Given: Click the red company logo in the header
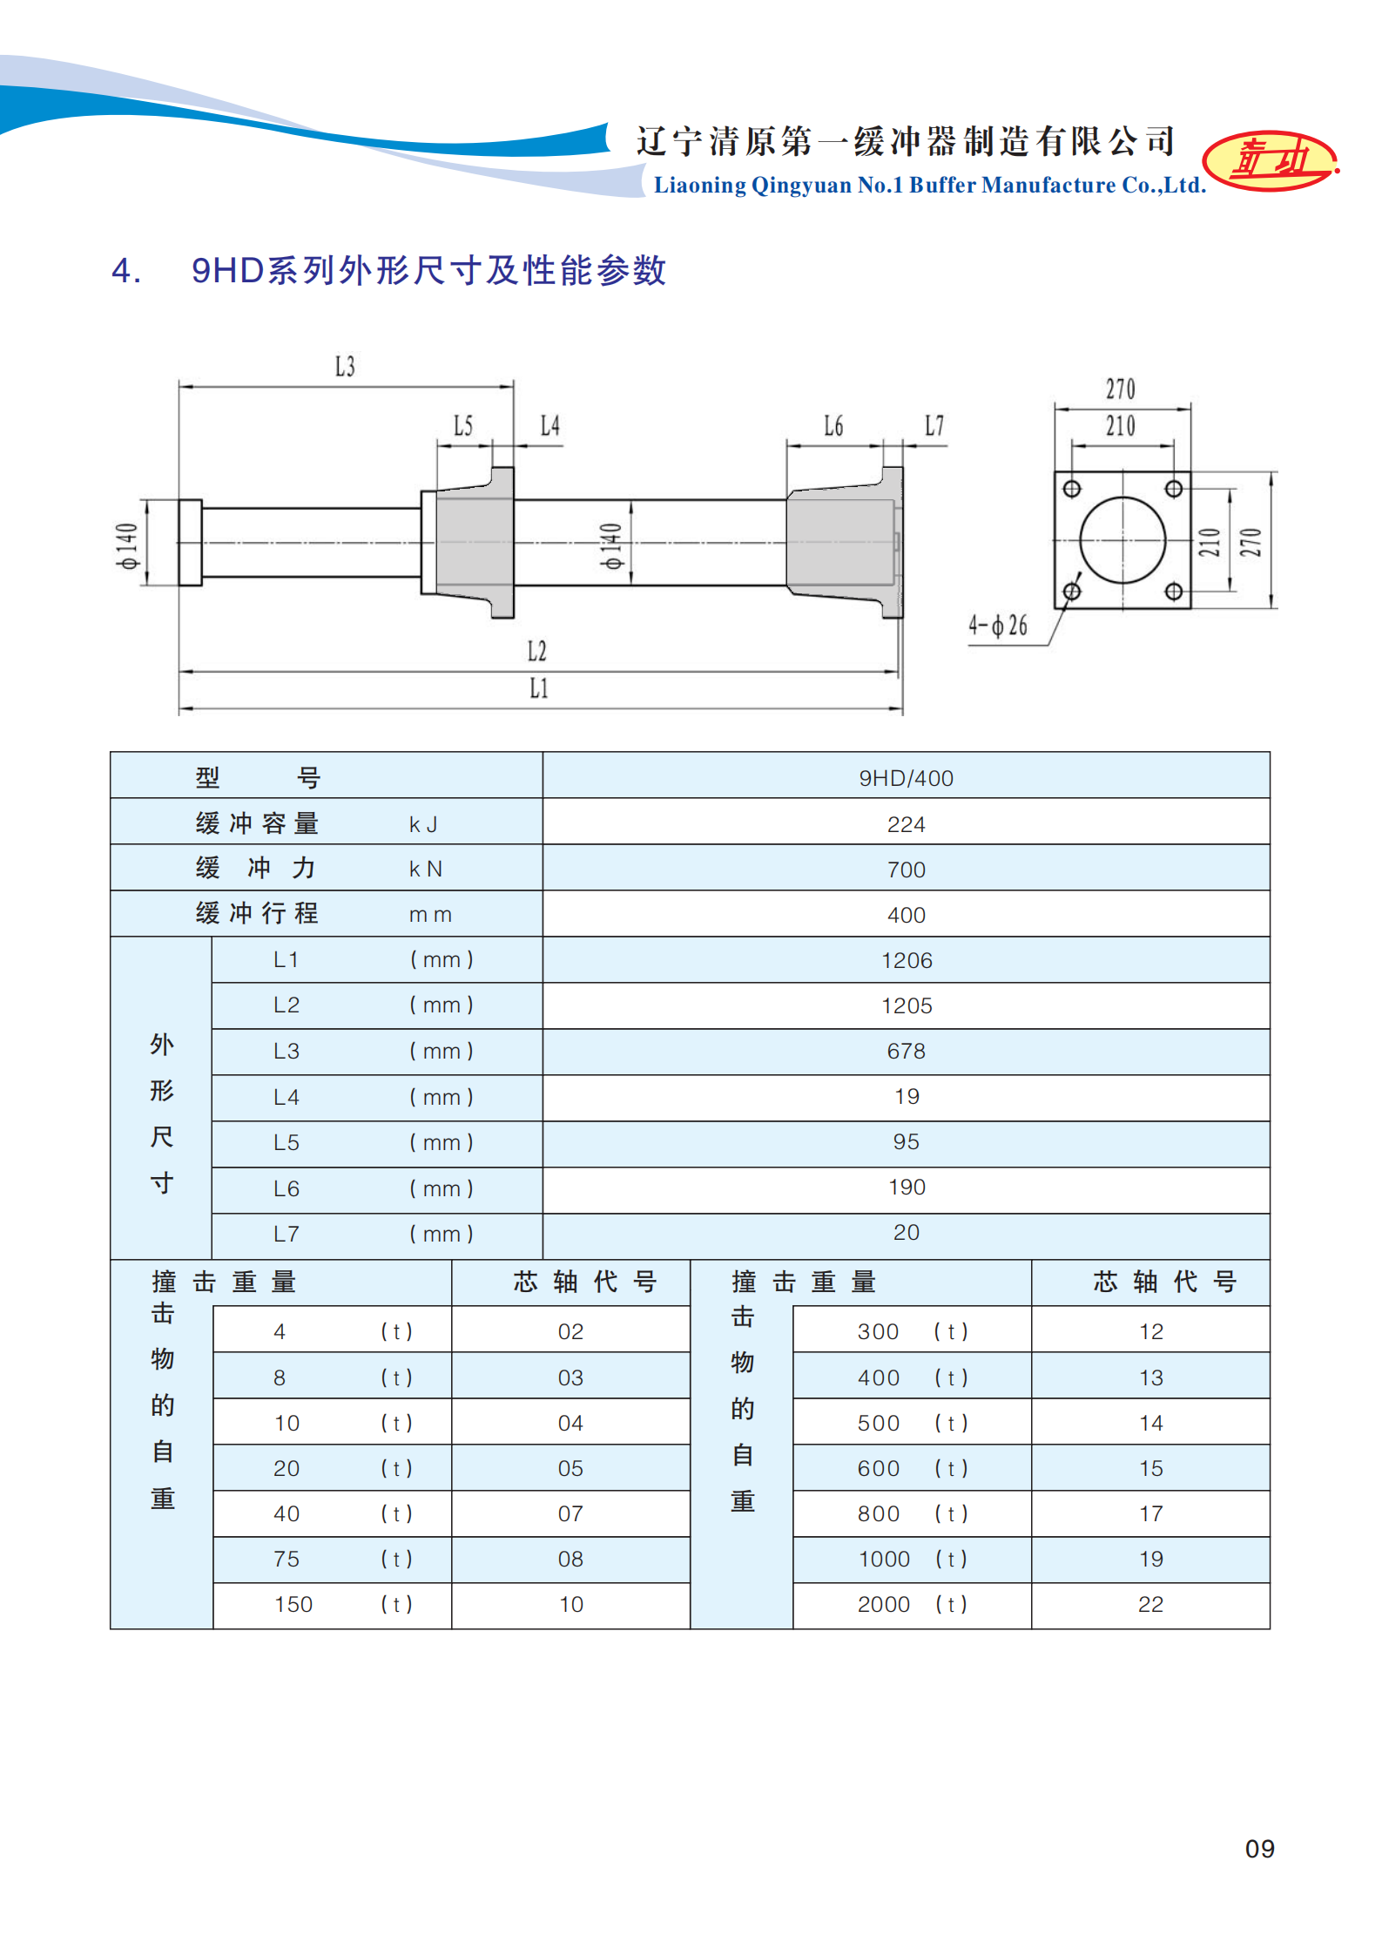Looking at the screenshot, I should [1271, 160].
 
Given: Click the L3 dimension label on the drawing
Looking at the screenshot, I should [345, 367].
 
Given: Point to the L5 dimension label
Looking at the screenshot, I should [463, 426].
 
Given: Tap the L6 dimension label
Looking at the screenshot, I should [833, 426].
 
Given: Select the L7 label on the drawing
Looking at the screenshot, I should [934, 426].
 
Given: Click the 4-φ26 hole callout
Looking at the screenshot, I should [998, 626].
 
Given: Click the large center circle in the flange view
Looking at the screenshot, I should [1122, 540].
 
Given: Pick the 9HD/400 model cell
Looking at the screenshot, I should [906, 778].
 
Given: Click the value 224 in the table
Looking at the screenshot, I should [906, 824].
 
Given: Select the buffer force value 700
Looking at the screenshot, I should [906, 870].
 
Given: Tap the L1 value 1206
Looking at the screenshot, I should [906, 960].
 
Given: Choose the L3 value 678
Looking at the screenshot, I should [906, 1051].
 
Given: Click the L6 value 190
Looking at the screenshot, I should [906, 1187].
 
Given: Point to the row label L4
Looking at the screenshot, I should [286, 1097].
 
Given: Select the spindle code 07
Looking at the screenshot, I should [570, 1513].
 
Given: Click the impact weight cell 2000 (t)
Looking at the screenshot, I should [911, 1604].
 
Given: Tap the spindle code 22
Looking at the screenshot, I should [1150, 1604].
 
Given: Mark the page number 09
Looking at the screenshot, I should [1259, 1848].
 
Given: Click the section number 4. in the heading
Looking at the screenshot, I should [126, 271].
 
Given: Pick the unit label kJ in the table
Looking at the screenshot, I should [423, 824].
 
